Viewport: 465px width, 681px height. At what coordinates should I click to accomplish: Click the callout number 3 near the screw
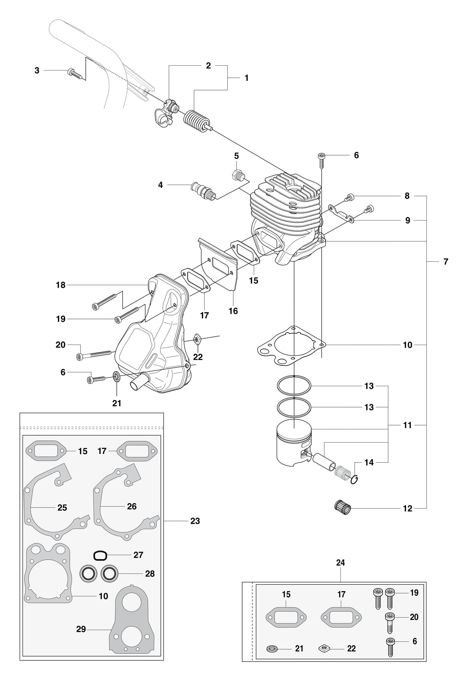pos(37,70)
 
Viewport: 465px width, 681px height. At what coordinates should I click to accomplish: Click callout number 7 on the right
pos(445,262)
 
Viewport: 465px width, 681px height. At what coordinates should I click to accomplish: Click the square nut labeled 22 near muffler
pos(198,340)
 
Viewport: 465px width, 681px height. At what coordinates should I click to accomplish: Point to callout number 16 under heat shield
pos(233,311)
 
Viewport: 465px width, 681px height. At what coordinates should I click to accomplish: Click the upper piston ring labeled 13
pos(294,385)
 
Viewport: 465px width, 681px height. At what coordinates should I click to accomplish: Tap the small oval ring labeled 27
pos(100,555)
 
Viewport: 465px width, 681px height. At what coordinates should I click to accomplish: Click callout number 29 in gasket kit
pos(81,629)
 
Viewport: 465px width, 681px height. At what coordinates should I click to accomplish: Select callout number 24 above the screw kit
pos(340,563)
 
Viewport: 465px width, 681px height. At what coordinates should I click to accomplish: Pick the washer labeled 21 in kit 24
pos(274,648)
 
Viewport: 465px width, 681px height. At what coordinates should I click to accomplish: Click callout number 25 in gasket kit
pos(62,508)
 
